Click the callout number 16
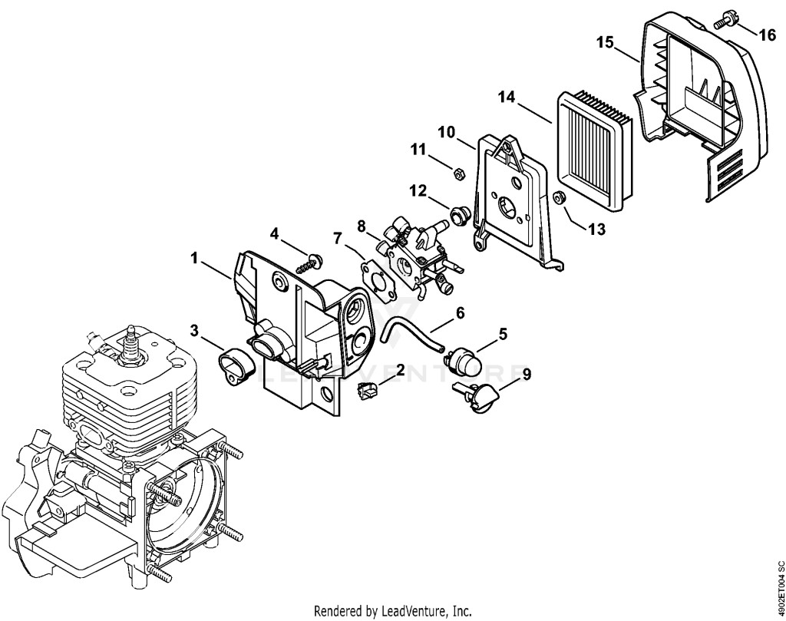coord(767,35)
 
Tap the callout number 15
coord(605,42)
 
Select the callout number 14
coord(507,97)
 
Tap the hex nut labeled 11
coord(457,174)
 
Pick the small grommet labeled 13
coord(559,198)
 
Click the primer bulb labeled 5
coord(463,357)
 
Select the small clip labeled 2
coord(368,389)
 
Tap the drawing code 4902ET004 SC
coord(780,588)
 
